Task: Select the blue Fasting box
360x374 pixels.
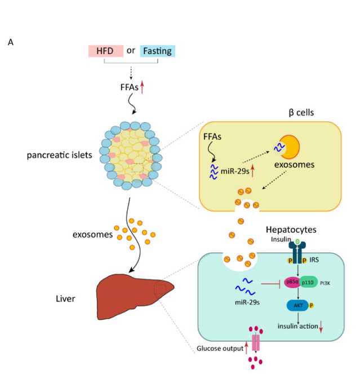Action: pos(158,51)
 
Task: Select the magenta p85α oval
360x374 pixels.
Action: pos(292,283)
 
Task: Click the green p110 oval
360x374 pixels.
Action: pos(309,283)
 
